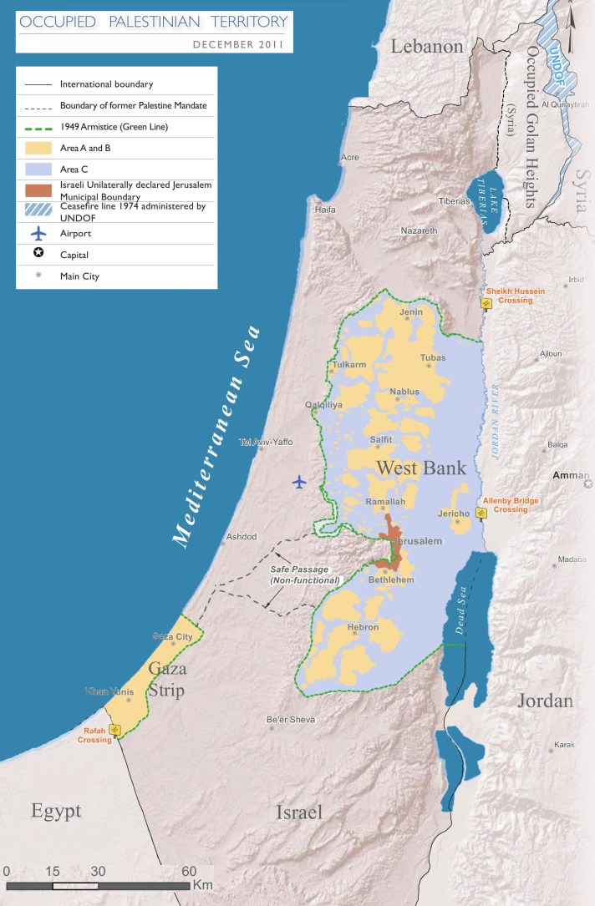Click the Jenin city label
[411, 312]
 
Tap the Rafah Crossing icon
[115, 729]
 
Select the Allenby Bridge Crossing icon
[481, 512]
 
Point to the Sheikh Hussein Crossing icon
[485, 304]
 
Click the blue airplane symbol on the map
[299, 481]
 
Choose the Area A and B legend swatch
[38, 148]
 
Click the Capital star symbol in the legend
[38, 256]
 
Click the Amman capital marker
[587, 483]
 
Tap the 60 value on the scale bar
[188, 871]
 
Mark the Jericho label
[452, 514]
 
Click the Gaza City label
[173, 636]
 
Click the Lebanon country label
[427, 47]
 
